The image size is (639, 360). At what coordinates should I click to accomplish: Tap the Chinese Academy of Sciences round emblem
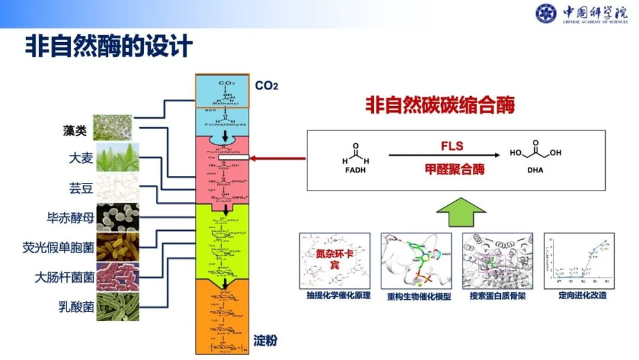point(546,13)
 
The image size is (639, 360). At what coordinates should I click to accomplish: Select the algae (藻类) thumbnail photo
point(112,127)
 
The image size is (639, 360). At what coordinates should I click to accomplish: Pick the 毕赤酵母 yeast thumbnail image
point(117,218)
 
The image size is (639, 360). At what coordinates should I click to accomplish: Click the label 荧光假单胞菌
point(58,247)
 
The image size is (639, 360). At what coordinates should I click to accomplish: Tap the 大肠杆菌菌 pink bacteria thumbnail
point(117,276)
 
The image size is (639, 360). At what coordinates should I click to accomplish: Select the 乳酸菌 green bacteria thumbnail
point(117,306)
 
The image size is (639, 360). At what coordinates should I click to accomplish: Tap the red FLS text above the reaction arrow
point(452,146)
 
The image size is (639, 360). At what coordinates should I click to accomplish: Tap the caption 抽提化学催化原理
point(334,296)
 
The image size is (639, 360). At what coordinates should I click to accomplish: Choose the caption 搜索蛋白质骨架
point(498,296)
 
